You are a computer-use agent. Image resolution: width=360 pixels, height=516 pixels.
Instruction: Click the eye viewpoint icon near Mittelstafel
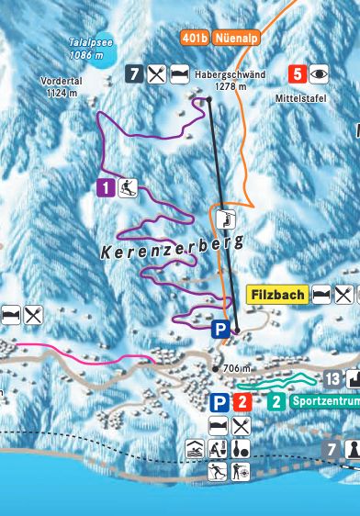pos(319,74)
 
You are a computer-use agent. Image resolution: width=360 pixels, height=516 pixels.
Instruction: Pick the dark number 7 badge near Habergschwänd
pos(135,74)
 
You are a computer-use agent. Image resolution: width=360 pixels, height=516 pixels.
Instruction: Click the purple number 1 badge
pos(106,188)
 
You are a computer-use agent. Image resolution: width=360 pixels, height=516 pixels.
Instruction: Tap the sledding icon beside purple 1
pos(127,188)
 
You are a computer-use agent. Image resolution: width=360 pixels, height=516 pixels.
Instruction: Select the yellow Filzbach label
pos(278,295)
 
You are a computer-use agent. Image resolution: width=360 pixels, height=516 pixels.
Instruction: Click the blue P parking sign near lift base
pos(220,329)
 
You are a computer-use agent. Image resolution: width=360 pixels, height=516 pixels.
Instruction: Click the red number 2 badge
pos(242,401)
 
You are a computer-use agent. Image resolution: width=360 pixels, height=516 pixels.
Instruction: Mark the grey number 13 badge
pos(332,378)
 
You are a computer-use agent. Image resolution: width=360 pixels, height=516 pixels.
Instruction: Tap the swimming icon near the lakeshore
pos(196,449)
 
